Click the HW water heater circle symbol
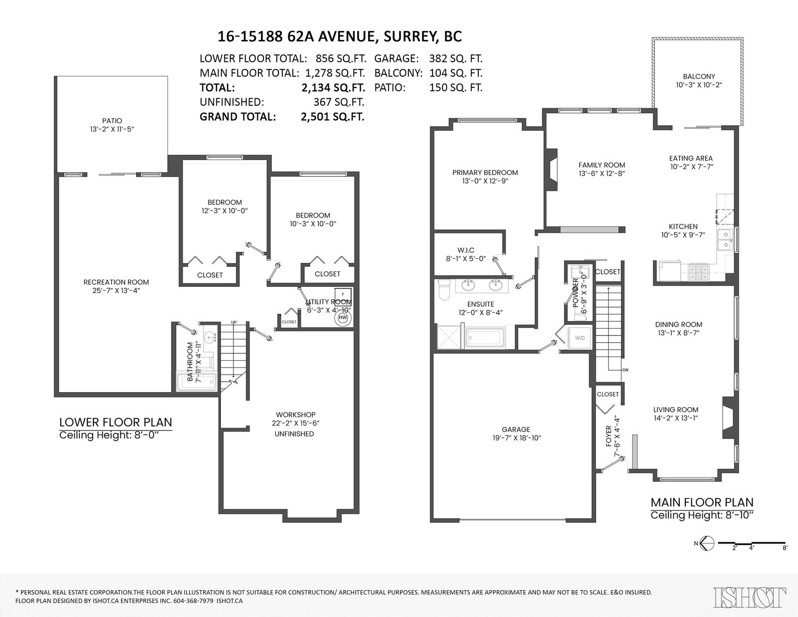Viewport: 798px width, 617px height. point(343,318)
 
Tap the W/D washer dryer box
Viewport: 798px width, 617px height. point(580,338)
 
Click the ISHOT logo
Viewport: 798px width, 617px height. point(750,597)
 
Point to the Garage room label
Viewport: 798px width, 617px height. point(516,429)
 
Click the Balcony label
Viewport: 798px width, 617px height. point(699,76)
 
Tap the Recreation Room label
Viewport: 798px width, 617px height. point(116,282)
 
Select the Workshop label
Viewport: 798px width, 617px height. point(296,414)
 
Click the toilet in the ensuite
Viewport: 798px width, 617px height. point(444,290)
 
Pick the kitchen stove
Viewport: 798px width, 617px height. point(699,273)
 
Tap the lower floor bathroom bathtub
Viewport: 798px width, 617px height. point(197,382)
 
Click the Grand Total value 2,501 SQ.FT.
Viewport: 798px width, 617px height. point(332,116)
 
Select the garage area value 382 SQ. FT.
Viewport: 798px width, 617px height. point(456,58)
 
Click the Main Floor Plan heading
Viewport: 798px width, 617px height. point(702,502)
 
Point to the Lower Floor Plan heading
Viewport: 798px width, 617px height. point(116,422)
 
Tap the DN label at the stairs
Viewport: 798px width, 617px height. point(625,370)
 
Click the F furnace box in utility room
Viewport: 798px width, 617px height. point(343,295)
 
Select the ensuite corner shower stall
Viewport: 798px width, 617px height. point(448,336)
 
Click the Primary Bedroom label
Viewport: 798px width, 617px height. point(485,173)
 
